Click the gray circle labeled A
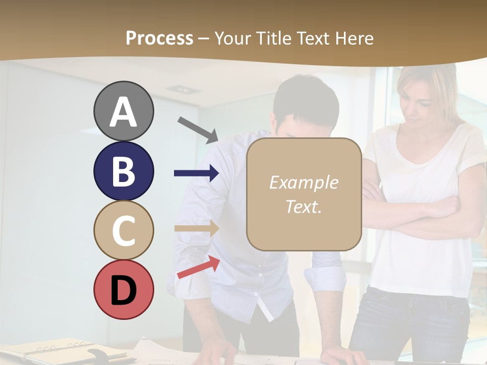(123, 112)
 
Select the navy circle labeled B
(123, 171)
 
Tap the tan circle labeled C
(123, 230)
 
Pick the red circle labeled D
(123, 289)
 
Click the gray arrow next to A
(198, 129)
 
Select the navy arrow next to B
(196, 173)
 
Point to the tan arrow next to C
(196, 228)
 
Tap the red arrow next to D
(198, 267)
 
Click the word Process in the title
(159, 38)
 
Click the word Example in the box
(303, 182)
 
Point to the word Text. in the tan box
(303, 206)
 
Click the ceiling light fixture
(183, 89)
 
